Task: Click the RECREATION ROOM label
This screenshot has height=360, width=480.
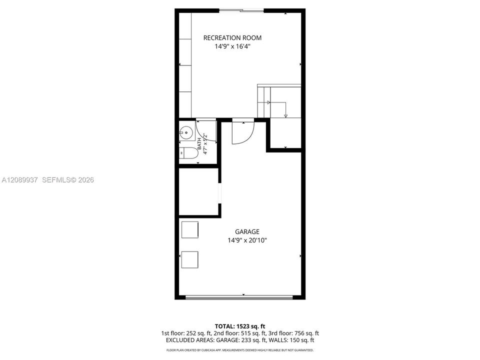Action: [232, 38]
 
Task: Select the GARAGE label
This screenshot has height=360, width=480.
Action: [247, 231]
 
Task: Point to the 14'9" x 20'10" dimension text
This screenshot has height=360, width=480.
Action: [247, 240]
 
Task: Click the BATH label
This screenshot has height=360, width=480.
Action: [199, 143]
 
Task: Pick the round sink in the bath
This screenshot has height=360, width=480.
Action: [186, 133]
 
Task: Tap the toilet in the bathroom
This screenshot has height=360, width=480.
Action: [189, 153]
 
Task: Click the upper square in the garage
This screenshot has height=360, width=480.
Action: [190, 229]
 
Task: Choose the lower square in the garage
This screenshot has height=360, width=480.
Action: [190, 259]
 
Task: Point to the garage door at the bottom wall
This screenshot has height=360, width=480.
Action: [239, 297]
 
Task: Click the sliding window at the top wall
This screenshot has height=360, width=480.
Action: [241, 10]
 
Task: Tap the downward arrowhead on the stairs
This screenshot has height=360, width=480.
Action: [285, 115]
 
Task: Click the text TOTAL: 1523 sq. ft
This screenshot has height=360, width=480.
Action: [240, 326]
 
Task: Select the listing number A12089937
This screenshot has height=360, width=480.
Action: [19, 180]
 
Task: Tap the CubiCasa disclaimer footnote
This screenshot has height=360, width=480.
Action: [240, 350]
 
